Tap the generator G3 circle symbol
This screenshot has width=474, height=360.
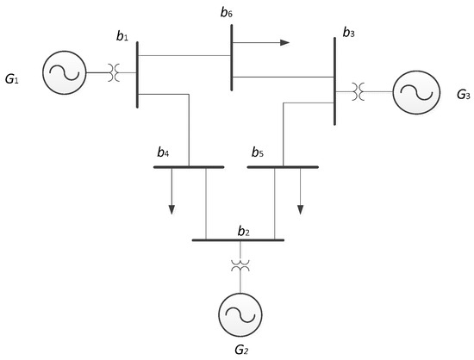click(x=415, y=90)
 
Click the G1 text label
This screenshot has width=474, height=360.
click(x=12, y=80)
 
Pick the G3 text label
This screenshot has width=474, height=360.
click(x=463, y=95)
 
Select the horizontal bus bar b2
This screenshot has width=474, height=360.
click(x=237, y=240)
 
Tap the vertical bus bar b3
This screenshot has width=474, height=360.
click(x=334, y=82)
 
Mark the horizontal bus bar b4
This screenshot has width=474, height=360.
click(x=189, y=166)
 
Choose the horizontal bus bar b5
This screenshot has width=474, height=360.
click(x=283, y=166)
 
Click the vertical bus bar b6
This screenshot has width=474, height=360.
click(x=231, y=58)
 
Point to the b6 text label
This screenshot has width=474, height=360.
click(x=227, y=12)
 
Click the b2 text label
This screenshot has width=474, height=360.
click(x=243, y=230)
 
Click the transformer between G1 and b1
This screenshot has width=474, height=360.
click(x=113, y=73)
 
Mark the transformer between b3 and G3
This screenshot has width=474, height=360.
click(x=359, y=90)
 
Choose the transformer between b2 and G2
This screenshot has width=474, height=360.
click(x=239, y=267)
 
